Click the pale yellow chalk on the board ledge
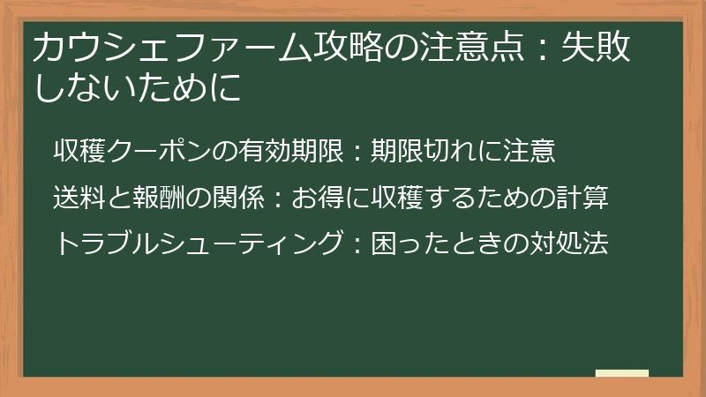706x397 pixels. pos(621,373)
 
